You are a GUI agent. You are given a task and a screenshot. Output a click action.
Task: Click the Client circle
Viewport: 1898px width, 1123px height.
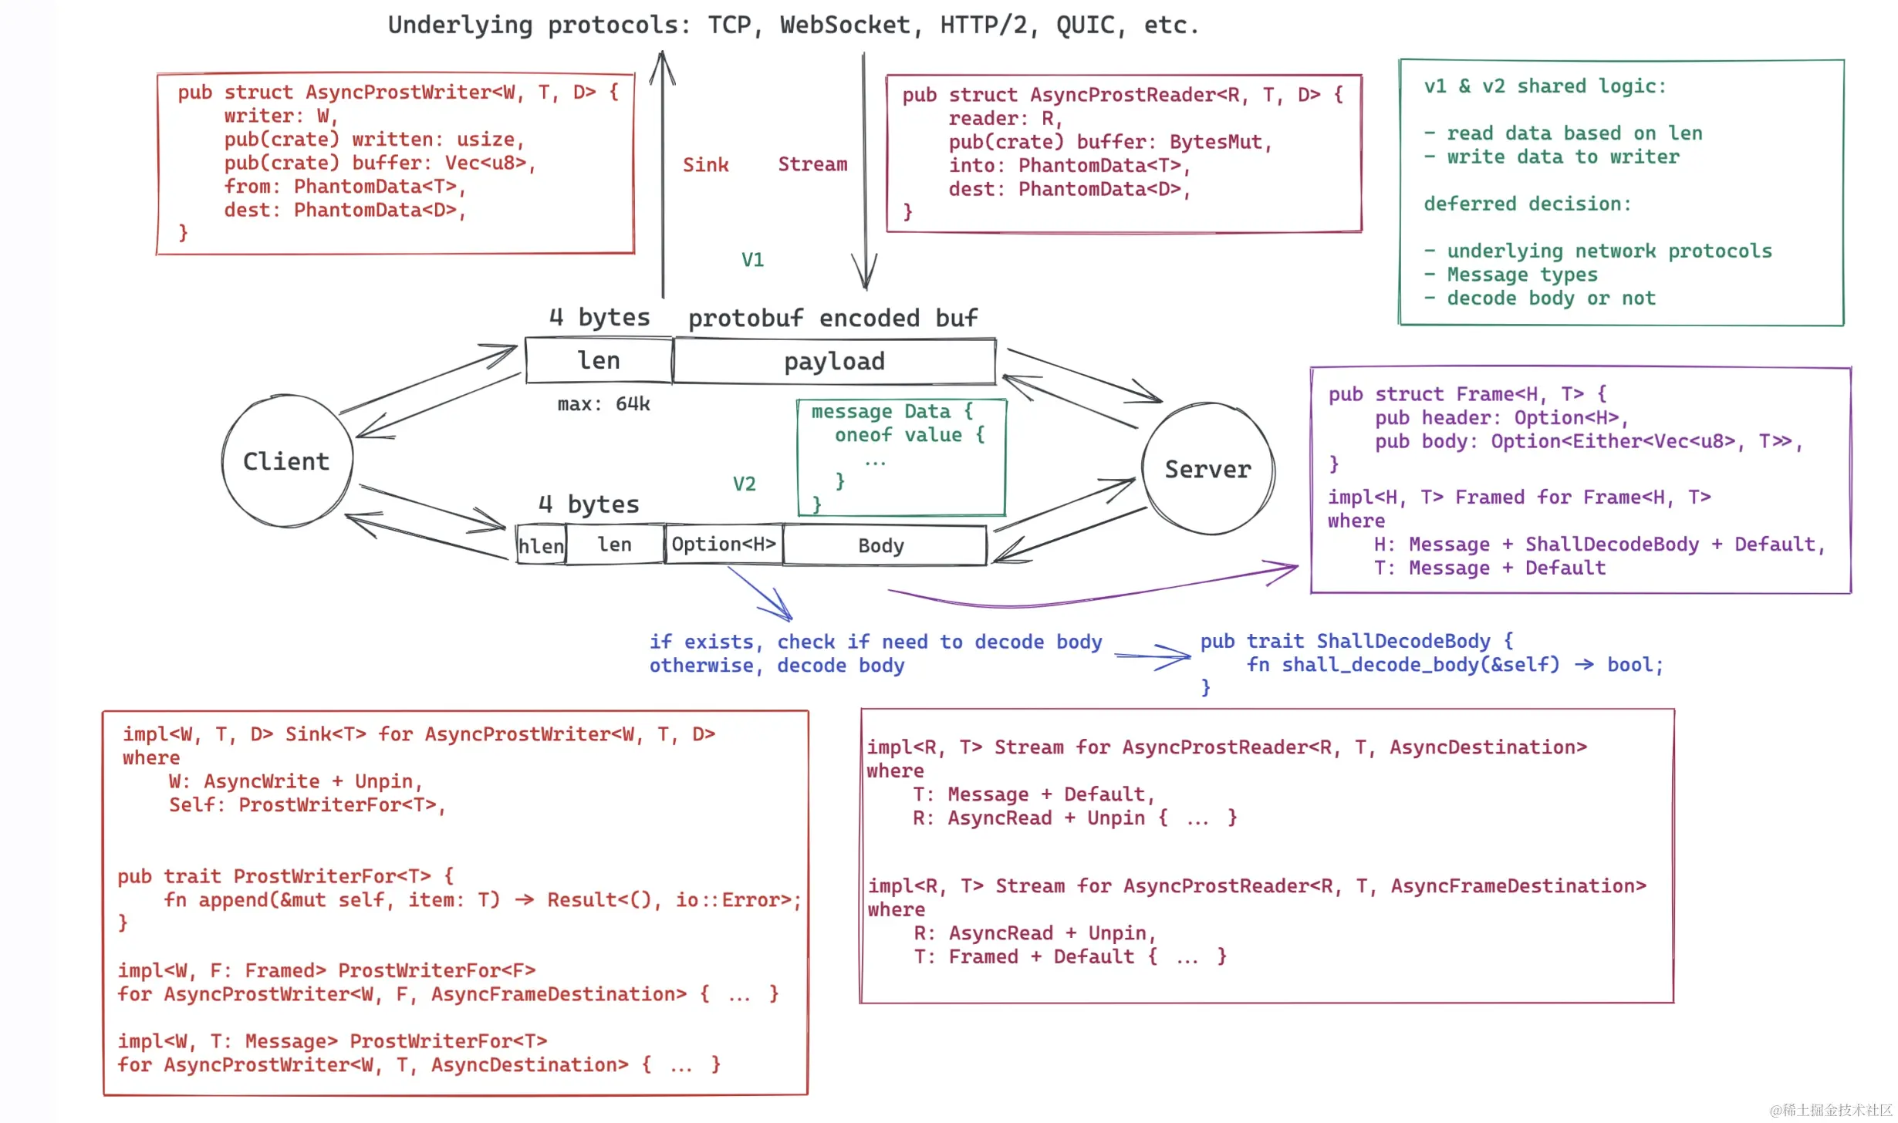coord(286,461)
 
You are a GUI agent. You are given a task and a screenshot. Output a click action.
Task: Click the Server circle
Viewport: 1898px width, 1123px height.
coord(1207,469)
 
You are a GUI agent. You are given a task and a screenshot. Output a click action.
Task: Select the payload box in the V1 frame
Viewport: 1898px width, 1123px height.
coord(834,361)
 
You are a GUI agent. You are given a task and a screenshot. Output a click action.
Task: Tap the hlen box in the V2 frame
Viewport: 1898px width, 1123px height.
coord(541,546)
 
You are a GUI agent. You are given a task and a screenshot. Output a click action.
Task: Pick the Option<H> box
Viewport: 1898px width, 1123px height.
coord(724,545)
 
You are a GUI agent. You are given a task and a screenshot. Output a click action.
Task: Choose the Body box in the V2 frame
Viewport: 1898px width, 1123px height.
coord(882,546)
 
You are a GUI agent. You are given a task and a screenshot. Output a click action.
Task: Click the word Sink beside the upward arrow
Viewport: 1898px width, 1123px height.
coord(705,165)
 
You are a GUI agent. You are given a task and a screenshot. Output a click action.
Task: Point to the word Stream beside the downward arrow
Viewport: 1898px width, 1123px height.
coord(812,164)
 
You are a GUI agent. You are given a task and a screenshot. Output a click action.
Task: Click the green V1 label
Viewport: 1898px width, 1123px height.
coord(752,260)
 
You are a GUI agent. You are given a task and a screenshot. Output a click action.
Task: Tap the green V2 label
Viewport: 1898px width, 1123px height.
coord(744,484)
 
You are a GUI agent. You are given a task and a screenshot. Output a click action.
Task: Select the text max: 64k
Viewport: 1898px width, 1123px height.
coord(603,404)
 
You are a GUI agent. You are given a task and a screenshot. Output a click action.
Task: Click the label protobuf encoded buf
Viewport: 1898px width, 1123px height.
coord(832,319)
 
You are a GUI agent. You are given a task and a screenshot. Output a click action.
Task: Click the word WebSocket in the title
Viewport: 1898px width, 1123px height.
coord(845,25)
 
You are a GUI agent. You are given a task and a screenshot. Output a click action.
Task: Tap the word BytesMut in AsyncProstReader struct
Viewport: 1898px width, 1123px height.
coord(1215,143)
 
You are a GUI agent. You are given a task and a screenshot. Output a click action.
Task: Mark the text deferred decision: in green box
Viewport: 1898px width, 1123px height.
coord(1528,204)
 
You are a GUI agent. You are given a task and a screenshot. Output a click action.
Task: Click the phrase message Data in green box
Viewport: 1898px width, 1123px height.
coord(880,412)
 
